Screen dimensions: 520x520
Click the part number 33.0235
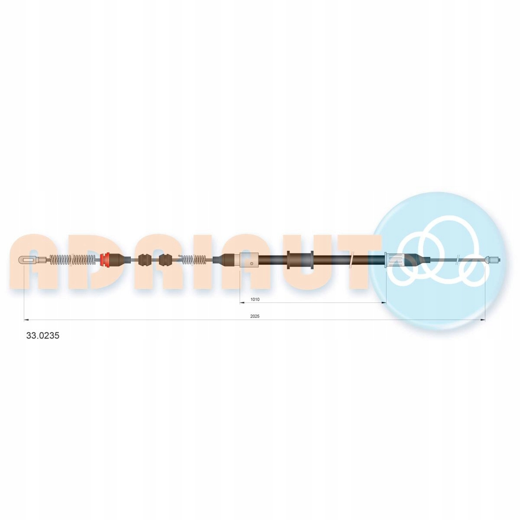click(42, 336)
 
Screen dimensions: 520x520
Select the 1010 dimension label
click(255, 299)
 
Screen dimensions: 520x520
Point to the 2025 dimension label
click(255, 316)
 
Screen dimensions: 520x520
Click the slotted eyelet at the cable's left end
click(27, 260)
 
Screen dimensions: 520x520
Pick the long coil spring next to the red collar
click(73, 260)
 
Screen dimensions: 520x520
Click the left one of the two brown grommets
click(144, 260)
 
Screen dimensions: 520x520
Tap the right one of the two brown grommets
click(165, 260)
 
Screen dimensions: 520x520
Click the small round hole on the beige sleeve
click(251, 263)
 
